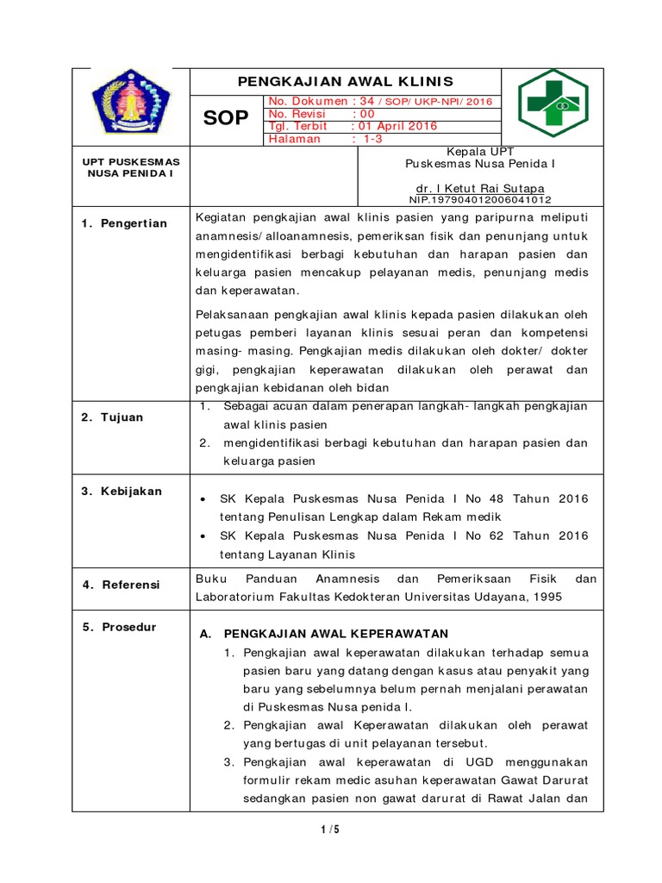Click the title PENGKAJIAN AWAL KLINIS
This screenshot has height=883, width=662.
point(345,82)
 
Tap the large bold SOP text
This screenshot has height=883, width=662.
point(226,119)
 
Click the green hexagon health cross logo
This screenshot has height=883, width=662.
point(553,103)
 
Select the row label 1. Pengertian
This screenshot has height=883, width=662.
point(124,223)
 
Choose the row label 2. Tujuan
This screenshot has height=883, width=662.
point(113,417)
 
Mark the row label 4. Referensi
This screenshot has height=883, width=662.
point(121,585)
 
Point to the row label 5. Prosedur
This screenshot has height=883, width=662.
point(119,627)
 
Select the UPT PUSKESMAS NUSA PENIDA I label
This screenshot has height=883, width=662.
point(130,167)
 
